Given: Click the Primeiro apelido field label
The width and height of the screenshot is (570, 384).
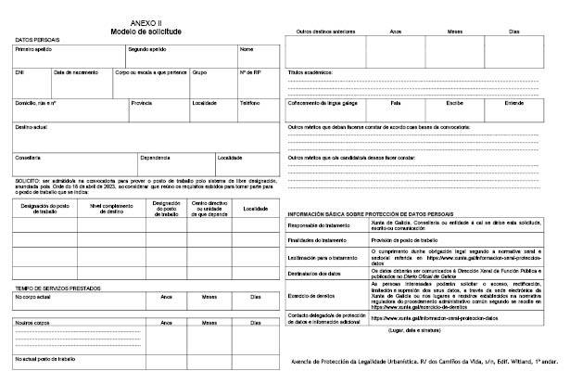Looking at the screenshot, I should (33, 48).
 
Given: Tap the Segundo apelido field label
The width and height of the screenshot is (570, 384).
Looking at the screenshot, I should (147, 48).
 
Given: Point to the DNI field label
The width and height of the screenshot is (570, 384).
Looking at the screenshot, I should (19, 71).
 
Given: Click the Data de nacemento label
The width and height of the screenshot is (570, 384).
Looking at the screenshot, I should (75, 71).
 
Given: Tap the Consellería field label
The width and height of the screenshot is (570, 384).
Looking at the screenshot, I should (29, 157).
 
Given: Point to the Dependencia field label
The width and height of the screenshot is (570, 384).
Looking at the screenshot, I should (156, 157).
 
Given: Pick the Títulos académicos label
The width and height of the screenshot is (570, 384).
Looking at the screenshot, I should (315, 71).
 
